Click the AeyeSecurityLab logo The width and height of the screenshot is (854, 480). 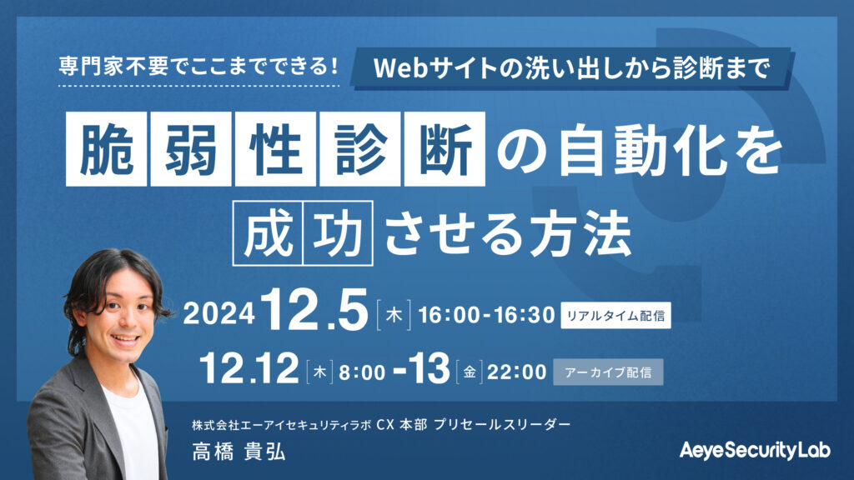pos(755,451)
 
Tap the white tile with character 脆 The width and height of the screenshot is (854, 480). pos(106,149)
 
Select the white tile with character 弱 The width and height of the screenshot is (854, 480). pos(191,149)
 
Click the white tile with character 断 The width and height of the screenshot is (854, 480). pos(445,149)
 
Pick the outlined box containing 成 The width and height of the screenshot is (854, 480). pos(268,233)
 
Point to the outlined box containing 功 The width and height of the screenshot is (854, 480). pos(339,233)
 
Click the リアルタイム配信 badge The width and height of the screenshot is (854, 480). pos(616,315)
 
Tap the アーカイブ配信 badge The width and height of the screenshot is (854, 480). pos(608,372)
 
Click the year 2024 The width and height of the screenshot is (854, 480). pos(219,314)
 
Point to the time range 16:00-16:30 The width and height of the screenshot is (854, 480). pos(486,315)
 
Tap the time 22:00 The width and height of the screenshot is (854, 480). pos(516,372)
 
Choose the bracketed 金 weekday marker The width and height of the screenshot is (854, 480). pos(469,372)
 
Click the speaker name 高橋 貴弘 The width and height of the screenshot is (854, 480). pos(239,452)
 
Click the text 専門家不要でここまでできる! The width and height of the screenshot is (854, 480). pos(198,67)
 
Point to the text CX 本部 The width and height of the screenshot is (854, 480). pos(401,424)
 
